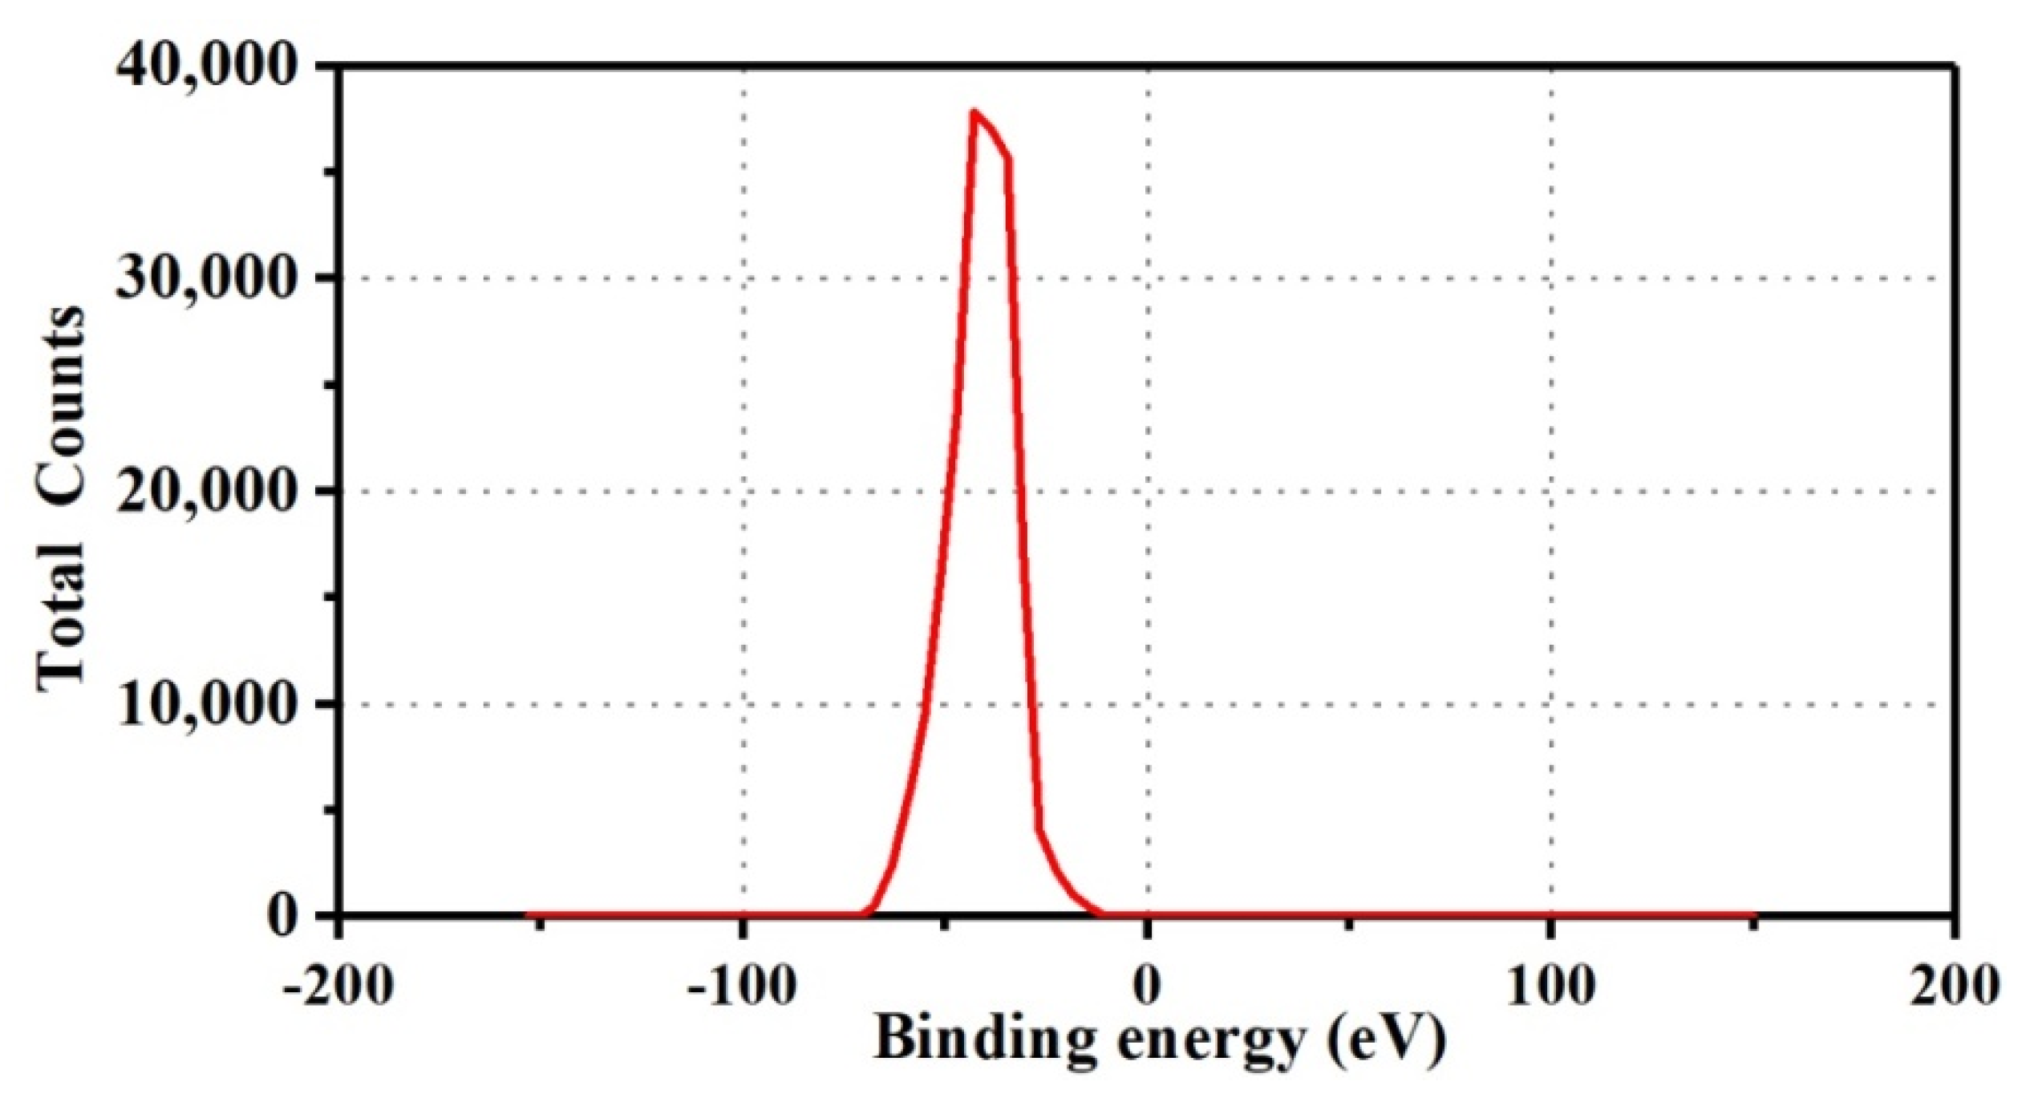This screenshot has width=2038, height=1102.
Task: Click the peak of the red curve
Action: [974, 111]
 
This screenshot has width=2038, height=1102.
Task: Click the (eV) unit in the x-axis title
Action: [1386, 1040]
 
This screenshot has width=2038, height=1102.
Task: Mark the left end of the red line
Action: [528, 914]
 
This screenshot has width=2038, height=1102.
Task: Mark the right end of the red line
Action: [1755, 914]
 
